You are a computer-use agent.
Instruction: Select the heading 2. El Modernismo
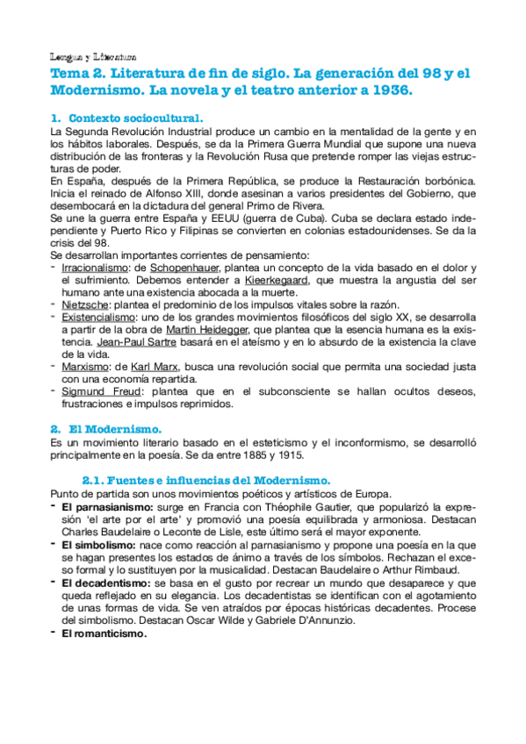pos(114,430)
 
